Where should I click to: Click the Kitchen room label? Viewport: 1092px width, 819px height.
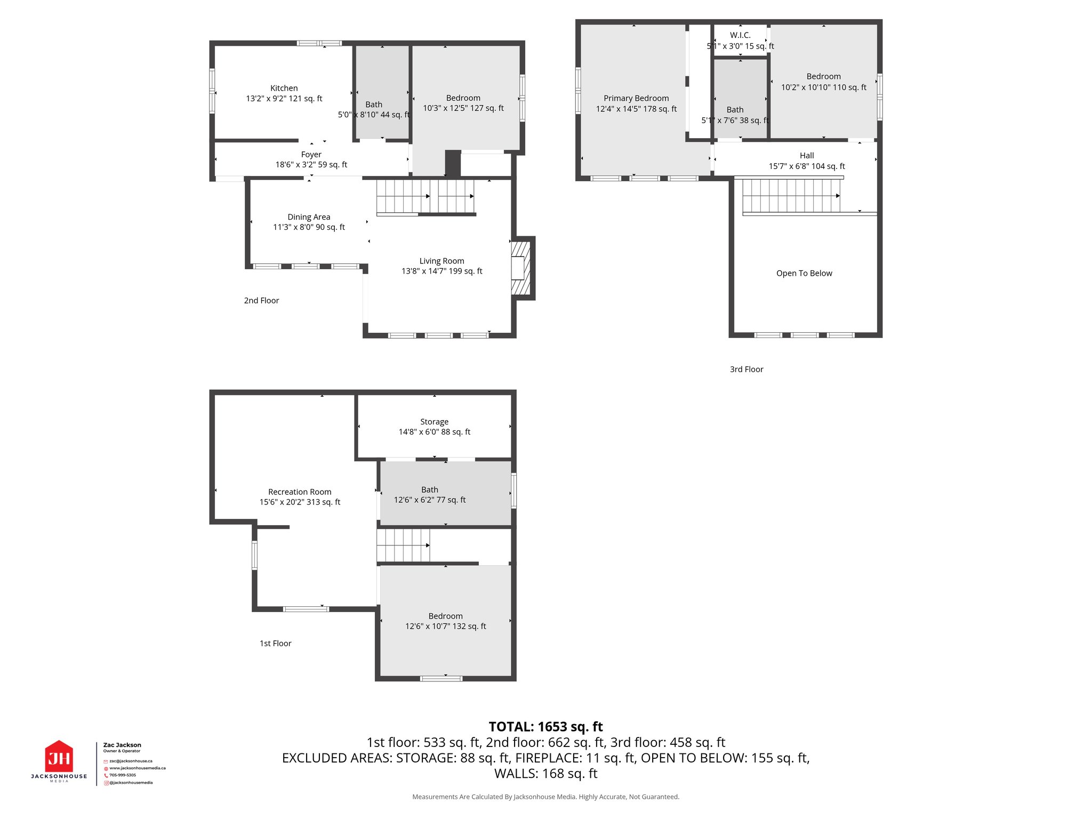tap(284, 89)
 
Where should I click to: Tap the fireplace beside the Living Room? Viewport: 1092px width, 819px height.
tap(521, 268)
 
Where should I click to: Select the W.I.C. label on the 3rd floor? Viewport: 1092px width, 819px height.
tap(740, 35)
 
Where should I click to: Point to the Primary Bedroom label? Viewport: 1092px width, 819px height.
tap(636, 99)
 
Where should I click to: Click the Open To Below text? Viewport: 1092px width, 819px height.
tap(804, 274)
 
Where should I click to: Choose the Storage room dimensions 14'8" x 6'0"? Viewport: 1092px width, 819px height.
tap(434, 432)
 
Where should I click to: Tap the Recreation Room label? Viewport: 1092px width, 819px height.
tap(300, 492)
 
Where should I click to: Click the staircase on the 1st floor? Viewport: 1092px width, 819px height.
tap(403, 545)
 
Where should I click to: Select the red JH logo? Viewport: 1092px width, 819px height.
tap(59, 758)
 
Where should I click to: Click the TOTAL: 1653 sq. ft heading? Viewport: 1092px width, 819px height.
tap(545, 727)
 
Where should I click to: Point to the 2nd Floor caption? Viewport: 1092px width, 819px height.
tap(261, 301)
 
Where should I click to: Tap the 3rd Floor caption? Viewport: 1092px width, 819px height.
tap(746, 370)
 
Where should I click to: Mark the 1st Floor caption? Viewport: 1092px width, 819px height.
tap(275, 644)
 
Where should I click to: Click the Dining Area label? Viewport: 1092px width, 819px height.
tap(309, 217)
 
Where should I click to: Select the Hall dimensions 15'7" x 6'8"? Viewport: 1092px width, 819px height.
tap(807, 166)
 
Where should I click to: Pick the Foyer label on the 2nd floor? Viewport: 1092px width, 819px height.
tap(311, 155)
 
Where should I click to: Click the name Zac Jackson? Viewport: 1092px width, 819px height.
tap(122, 745)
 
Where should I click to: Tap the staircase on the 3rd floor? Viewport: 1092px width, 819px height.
tap(791, 196)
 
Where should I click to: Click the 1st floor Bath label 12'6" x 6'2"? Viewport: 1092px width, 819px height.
tap(430, 500)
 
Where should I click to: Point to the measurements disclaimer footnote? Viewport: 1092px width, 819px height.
tap(545, 797)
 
